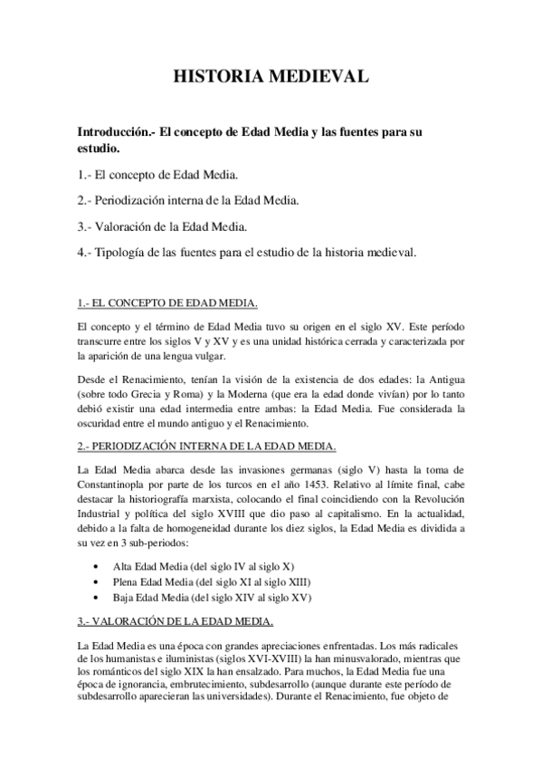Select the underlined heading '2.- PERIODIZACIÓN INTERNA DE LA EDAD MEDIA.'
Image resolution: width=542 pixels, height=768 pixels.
click(x=207, y=446)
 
